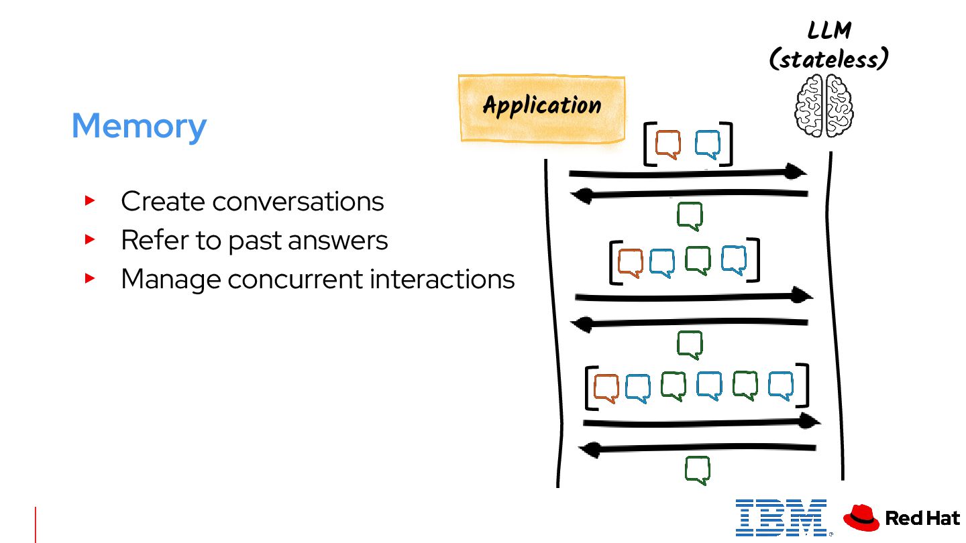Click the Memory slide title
click(139, 126)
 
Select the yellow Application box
click(542, 108)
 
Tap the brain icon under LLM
click(824, 106)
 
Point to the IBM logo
click(781, 518)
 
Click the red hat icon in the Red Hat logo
click(861, 518)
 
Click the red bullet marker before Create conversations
click(90, 200)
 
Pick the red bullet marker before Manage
click(90, 278)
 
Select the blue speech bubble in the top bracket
click(708, 144)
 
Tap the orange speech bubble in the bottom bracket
click(606, 388)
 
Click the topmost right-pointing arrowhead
click(796, 172)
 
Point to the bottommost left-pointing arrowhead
click(589, 450)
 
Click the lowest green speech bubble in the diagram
click(698, 470)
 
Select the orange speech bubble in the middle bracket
click(630, 263)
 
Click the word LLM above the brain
click(828, 31)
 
